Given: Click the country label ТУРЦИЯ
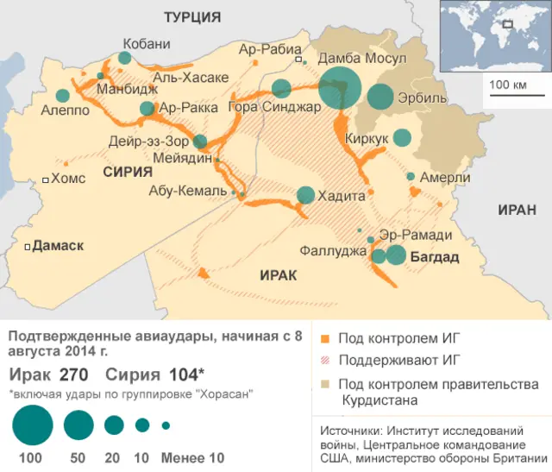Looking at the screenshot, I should tap(192, 17).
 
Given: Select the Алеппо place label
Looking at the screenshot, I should tap(65, 110).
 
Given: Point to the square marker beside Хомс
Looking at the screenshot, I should tap(46, 179).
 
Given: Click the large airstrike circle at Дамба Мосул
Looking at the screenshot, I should tap(339, 87).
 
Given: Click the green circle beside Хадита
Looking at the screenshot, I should tap(305, 195).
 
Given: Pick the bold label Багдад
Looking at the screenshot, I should tap(434, 258).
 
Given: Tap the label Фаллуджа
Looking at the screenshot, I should tap(333, 251).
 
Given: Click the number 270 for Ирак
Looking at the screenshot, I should tap(74, 374).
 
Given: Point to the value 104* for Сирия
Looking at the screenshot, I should tap(185, 374).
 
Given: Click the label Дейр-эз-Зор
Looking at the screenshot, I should tap(149, 140).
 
